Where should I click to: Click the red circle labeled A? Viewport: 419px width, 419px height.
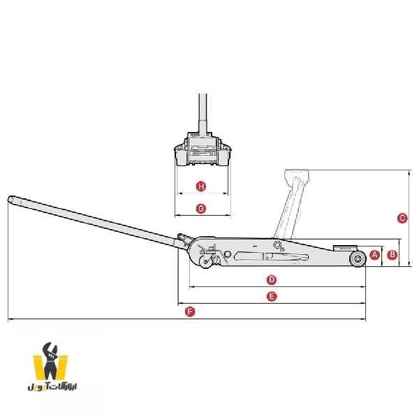pyautogui.click(x=374, y=255)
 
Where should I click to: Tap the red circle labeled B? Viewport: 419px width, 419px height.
pyautogui.click(x=392, y=255)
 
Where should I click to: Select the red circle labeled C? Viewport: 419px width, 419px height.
pyautogui.click(x=402, y=218)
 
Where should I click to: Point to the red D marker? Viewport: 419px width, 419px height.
pyautogui.click(x=272, y=280)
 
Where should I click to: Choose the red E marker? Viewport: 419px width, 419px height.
pyautogui.click(x=272, y=296)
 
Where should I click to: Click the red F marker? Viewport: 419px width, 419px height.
pyautogui.click(x=190, y=311)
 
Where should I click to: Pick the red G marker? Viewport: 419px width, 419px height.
pyautogui.click(x=201, y=208)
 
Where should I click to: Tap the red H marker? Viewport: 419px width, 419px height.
pyautogui.click(x=201, y=186)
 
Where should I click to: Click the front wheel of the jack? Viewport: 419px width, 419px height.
pyautogui.click(x=358, y=258)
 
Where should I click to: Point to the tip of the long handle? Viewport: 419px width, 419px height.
pyautogui.click(x=10, y=199)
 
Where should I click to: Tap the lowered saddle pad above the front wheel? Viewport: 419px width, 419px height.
pyautogui.click(x=345, y=248)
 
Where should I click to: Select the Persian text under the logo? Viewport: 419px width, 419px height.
pyautogui.click(x=52, y=386)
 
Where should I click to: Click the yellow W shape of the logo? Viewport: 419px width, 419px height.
pyautogui.click(x=50, y=367)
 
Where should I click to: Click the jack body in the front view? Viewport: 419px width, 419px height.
pyautogui.click(x=203, y=149)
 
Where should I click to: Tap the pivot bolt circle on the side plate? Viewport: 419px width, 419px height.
pyautogui.click(x=277, y=244)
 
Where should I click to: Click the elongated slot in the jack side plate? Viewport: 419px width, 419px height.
pyautogui.click(x=271, y=256)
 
